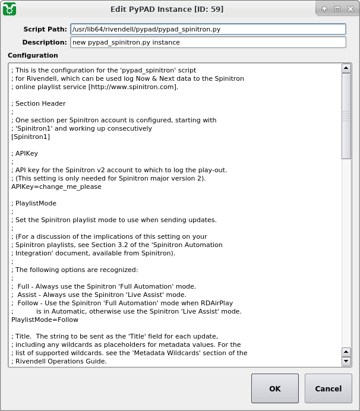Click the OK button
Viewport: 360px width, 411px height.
[274, 388]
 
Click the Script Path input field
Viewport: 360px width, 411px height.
[207, 29]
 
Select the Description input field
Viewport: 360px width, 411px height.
[207, 42]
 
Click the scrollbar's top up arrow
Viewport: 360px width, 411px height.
[346, 68]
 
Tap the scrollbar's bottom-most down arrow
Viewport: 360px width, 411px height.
[346, 361]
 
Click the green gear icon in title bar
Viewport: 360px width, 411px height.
[10, 9]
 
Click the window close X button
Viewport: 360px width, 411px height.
[350, 9]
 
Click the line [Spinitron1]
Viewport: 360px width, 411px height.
[30, 137]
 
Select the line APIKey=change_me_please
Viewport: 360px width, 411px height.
[56, 186]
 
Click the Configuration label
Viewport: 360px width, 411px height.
[33, 55]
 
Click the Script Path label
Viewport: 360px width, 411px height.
[45, 29]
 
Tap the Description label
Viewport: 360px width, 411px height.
[45, 42]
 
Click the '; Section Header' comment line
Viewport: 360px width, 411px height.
[39, 103]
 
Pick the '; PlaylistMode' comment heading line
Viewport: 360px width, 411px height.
[36, 203]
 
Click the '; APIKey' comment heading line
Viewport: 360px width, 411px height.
[25, 153]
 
